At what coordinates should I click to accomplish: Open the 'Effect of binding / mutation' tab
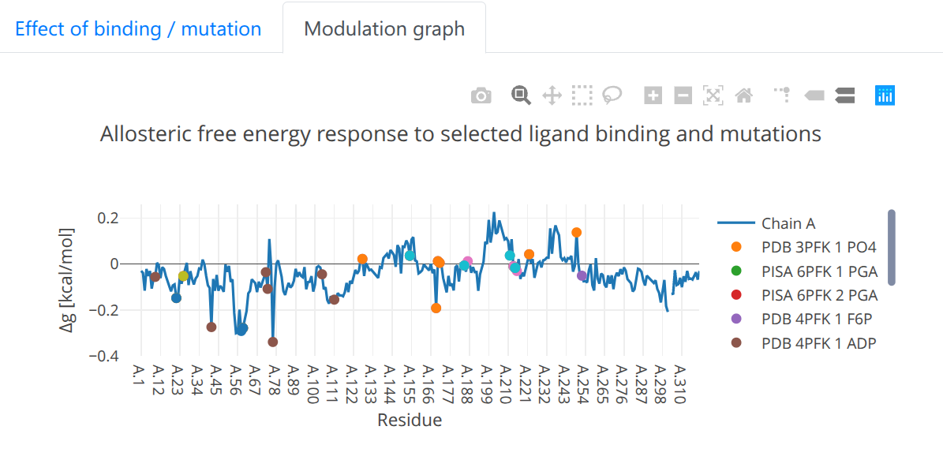(138, 29)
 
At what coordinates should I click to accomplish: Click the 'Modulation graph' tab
(384, 29)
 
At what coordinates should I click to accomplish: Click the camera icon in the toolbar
(481, 96)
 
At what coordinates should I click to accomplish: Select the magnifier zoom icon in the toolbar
(520, 95)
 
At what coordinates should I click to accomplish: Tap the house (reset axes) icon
(743, 96)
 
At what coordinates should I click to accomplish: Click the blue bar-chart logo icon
(885, 95)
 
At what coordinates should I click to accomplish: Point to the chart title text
(461, 134)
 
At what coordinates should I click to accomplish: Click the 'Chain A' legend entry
(794, 223)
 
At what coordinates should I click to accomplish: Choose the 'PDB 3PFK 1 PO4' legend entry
(818, 247)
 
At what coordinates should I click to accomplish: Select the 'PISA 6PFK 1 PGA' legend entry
(819, 271)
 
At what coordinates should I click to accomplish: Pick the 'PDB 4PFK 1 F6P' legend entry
(817, 319)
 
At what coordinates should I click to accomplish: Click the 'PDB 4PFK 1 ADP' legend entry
(818, 343)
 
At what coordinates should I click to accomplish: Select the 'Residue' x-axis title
(410, 420)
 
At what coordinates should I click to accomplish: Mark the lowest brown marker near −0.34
(273, 342)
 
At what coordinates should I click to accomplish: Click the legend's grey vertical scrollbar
(892, 246)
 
